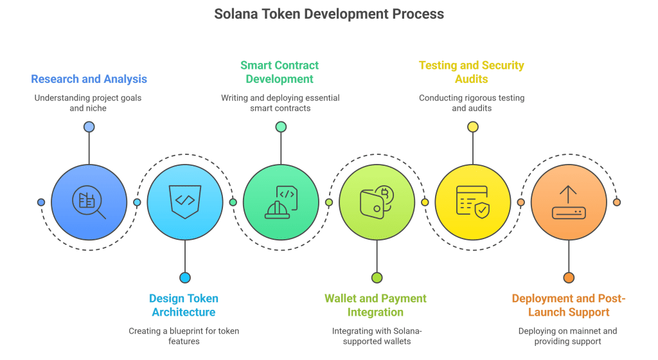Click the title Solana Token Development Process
coord(328,14)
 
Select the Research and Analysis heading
coord(89,79)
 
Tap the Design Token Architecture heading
coord(184,305)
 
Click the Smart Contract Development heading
coord(280,72)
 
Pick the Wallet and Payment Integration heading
coord(375,305)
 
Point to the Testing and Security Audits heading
coord(471,72)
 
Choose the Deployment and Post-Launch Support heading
coord(568,305)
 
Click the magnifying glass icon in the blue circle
coord(89,202)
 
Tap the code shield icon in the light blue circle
coord(185,201)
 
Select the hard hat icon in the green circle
coord(281,202)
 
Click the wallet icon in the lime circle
coord(377,202)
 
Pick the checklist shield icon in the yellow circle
coord(472,202)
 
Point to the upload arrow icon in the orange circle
coord(569,202)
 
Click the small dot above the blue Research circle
coord(89,127)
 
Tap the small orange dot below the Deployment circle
coord(569,278)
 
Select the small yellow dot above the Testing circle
coord(473,127)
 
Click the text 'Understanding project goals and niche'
coord(89,103)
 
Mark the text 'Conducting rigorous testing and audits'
coord(471,103)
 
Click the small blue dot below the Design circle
coord(185,278)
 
